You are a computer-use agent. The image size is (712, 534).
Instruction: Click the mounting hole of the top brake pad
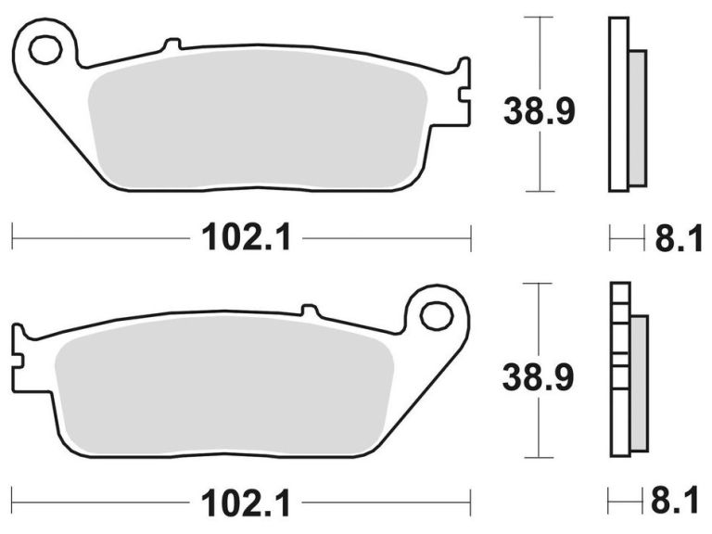tap(44, 51)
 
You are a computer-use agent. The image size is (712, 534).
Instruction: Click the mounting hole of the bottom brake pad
tap(436, 315)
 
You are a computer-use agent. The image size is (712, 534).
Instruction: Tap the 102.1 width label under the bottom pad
tap(247, 503)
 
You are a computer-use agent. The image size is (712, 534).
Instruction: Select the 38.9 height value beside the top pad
tap(540, 111)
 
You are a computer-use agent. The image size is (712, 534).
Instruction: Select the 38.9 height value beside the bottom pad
tap(540, 377)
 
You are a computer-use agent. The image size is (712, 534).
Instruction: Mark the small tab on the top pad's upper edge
tap(170, 44)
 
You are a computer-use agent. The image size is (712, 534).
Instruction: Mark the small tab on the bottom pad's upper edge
tap(311, 310)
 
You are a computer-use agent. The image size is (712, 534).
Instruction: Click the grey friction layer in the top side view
tap(637, 118)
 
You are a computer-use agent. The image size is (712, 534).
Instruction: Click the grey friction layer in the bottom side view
tap(639, 382)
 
